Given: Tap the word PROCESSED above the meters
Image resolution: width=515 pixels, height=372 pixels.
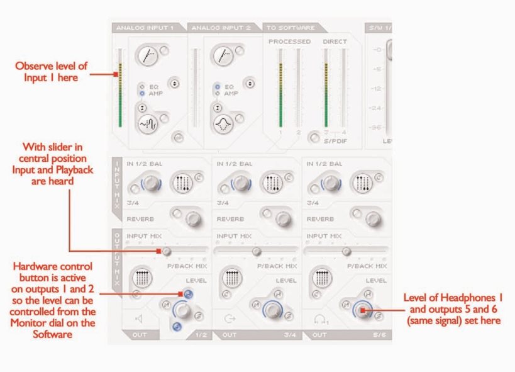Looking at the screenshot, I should (289, 42).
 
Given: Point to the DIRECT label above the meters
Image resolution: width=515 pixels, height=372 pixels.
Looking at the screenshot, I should (335, 42).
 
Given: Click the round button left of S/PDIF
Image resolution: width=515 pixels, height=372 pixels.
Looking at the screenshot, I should (313, 138).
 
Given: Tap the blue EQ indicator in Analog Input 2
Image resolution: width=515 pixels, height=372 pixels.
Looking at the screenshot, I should (217, 87).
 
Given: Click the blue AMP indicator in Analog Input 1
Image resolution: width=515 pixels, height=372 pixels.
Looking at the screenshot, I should (143, 93).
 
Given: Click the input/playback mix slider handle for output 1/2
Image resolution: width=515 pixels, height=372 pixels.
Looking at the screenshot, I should (166, 252).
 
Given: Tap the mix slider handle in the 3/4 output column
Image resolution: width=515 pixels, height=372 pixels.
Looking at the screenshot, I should (256, 252).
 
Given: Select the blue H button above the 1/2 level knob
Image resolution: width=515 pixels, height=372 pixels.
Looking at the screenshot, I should (187, 294).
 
